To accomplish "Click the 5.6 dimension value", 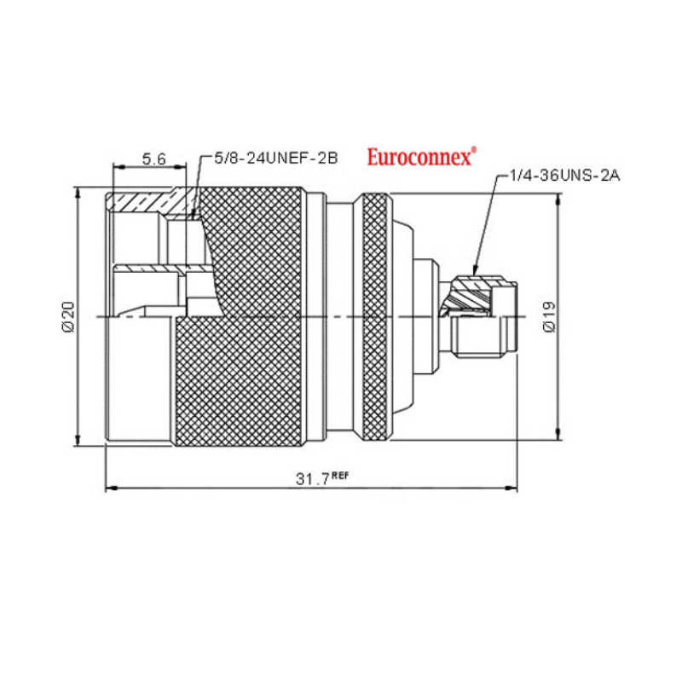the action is pos(154,159).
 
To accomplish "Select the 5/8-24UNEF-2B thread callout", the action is pos(276,158).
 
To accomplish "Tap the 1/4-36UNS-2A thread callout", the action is pos(564,176).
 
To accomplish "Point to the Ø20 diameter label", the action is pos(69,316).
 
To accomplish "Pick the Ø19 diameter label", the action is pos(550,316).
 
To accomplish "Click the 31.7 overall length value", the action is pos(312,479).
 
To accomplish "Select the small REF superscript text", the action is pos(340,475).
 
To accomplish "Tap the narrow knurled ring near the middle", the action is pos(375,316).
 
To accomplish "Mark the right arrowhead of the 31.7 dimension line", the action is pos(511,488).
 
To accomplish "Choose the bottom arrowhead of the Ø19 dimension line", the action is pos(558,434).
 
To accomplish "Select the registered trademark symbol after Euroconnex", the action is pos(474,150).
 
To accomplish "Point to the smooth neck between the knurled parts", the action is pos(339,316).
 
